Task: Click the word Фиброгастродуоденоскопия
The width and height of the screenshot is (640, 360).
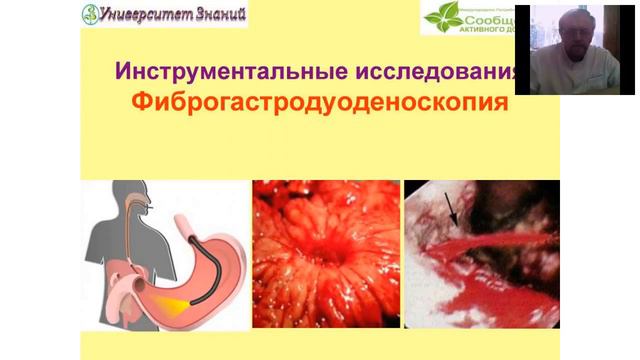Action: click(319, 102)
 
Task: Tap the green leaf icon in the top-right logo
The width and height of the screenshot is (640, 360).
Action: click(441, 18)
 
